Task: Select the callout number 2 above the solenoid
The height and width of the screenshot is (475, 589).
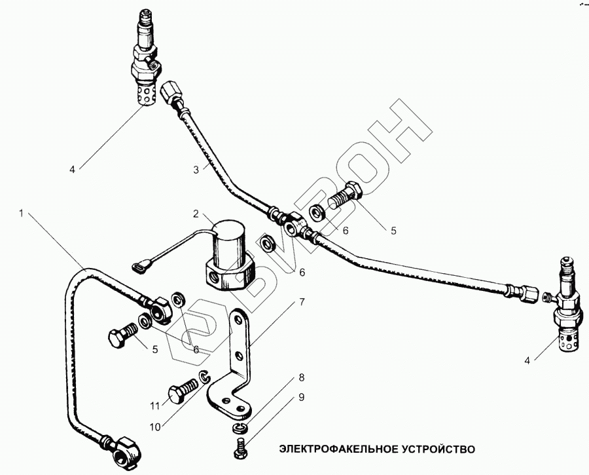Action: (x=196, y=214)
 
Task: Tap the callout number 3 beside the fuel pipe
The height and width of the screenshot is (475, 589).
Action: (x=196, y=170)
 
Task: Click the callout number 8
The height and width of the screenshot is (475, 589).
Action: (x=302, y=377)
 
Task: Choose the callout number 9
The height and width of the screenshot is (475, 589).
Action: (x=302, y=397)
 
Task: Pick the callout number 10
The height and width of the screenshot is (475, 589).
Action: (x=155, y=427)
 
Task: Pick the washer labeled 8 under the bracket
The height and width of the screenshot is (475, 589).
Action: (x=239, y=428)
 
